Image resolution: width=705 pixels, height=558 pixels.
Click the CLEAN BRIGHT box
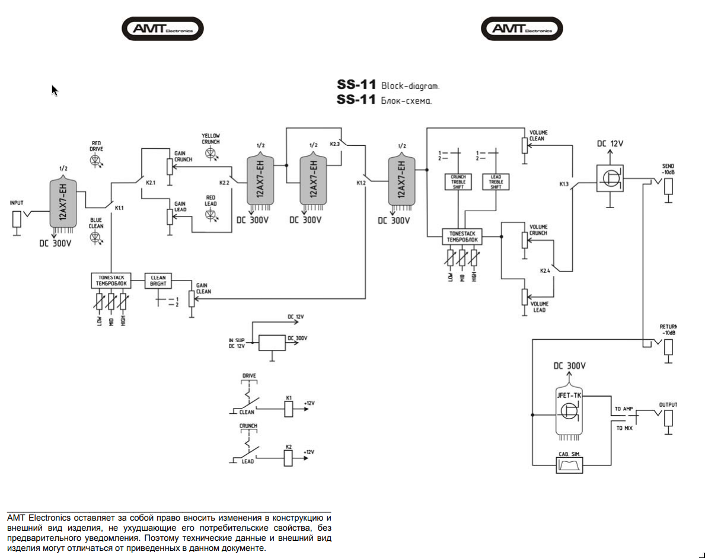pos(158,280)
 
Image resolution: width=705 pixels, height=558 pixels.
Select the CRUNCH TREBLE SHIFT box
pos(458,181)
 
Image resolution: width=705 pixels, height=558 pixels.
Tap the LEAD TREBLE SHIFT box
pos(496,181)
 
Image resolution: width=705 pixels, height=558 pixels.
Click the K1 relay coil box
pos(289,408)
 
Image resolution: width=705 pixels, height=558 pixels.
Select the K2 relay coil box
pos(289,457)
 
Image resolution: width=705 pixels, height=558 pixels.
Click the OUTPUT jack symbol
pos(668,417)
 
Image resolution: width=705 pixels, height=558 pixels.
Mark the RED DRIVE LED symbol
pos(97,160)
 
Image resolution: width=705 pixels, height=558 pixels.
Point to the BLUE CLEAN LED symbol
pos(96,237)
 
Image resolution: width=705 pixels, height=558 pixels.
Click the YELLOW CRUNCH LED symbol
pos(210,153)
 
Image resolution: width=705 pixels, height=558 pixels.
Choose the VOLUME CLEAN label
pos(538,136)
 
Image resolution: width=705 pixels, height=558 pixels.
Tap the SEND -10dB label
pos(668,169)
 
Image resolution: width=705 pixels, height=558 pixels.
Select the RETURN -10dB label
pos(668,330)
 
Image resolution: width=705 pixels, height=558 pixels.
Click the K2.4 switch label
pos(546,270)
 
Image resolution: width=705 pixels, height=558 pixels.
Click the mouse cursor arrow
pos(54,90)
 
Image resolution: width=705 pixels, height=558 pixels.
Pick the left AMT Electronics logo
pos(162,28)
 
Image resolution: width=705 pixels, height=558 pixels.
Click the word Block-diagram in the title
pos(410,86)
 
